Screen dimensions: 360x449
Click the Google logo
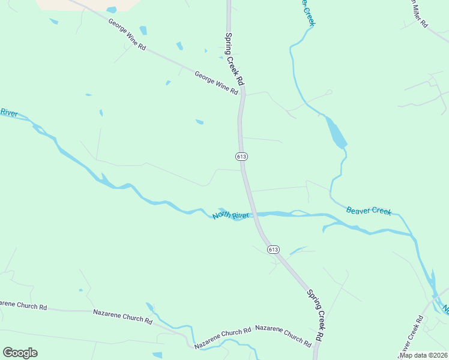pos(20,353)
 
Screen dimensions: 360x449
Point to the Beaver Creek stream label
pos(369,211)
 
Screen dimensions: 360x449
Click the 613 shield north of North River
pos(241,156)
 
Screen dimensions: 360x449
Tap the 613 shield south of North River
pos(273,249)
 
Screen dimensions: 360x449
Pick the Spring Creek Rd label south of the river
pos(315,316)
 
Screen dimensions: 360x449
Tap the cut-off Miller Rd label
pos(417,13)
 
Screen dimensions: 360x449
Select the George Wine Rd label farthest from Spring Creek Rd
pos(127,34)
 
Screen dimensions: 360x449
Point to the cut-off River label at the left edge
pos(9,112)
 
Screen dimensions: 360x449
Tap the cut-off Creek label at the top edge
pos(307,12)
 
